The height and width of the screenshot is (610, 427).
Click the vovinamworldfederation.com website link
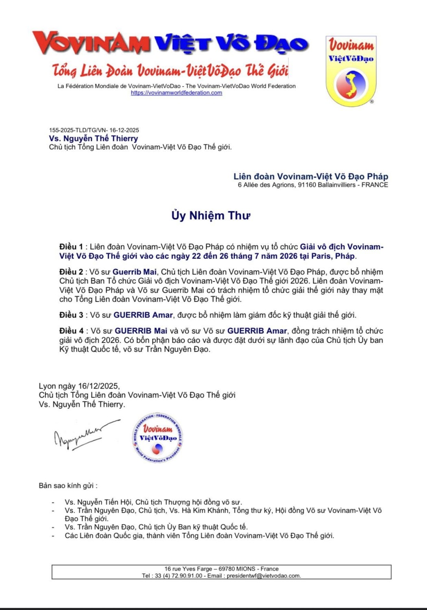176,93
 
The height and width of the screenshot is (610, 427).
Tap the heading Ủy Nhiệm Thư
211,215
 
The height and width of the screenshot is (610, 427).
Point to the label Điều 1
71,247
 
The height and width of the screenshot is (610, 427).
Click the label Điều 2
71,272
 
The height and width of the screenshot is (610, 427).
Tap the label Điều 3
71,315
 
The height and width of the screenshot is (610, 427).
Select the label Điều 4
72,331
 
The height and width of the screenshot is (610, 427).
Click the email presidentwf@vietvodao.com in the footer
263,576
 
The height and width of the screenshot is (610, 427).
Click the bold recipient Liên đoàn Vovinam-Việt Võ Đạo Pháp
311,176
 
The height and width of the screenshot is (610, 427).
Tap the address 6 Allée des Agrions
266,185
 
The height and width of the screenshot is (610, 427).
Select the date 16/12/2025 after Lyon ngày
98,386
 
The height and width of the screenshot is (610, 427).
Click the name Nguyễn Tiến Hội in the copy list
104,502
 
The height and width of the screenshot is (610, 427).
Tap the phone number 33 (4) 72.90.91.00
178,576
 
